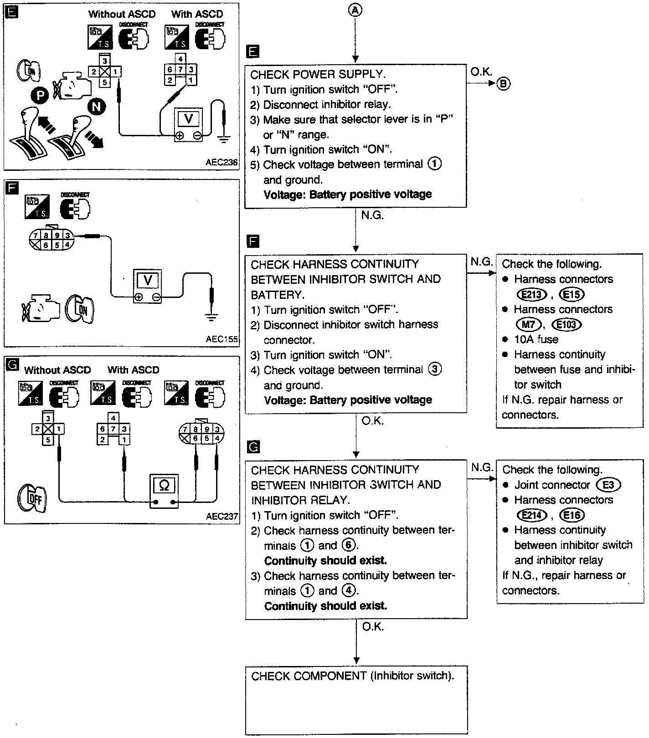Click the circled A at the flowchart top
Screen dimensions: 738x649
pos(355,11)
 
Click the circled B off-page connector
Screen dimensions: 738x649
pos(504,84)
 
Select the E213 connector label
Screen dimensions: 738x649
pos(531,294)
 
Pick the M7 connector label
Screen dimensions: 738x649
pos(528,324)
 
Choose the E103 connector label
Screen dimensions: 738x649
pos(567,324)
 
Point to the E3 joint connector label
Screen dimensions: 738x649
pos(608,485)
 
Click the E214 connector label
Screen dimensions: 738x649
pos(531,515)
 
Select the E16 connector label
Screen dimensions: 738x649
pos(572,515)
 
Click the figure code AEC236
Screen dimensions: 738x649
pos(221,163)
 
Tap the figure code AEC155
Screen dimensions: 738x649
pos(221,339)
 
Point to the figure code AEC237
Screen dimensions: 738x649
pos(221,516)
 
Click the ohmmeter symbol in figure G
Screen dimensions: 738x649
pos(164,487)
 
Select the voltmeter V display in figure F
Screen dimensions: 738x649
pos(147,280)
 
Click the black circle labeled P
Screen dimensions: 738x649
pos(40,95)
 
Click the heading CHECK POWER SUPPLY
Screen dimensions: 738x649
pos(318,74)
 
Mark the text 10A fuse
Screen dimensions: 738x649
pos(536,339)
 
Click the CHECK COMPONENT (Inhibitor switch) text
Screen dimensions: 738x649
pos(352,676)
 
